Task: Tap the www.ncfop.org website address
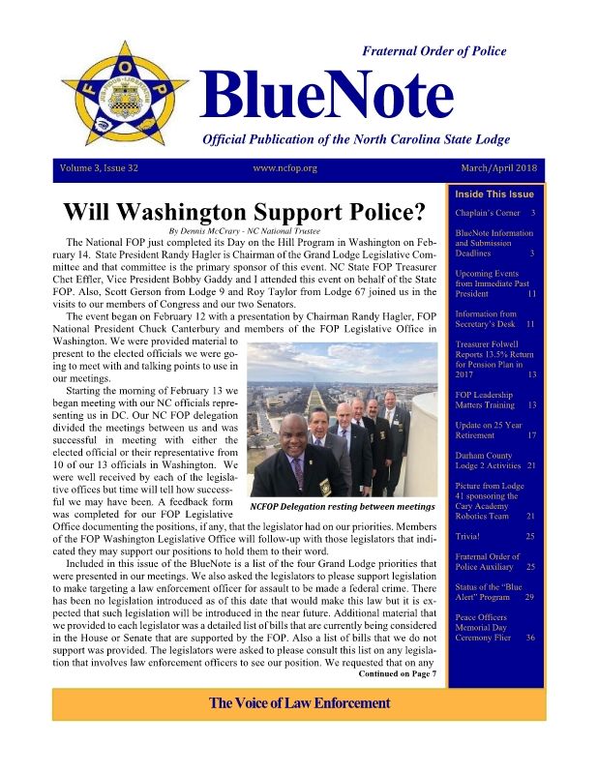coord(284,168)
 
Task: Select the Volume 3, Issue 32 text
coord(100,168)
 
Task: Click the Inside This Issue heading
coord(494,193)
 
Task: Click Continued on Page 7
coord(398,674)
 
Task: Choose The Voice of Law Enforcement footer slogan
coord(299,702)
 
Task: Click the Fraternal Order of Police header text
coord(433,51)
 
